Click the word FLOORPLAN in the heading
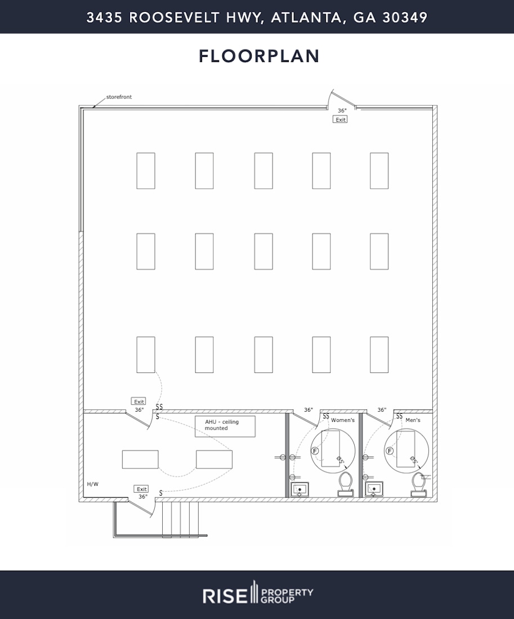[259, 56]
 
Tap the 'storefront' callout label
[119, 97]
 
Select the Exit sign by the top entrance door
[340, 120]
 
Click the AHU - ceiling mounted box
[225, 426]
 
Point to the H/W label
[92, 484]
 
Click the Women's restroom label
[342, 420]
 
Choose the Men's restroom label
[413, 420]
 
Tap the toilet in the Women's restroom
[345, 484]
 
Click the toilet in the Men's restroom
[418, 484]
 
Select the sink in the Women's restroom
[300, 489]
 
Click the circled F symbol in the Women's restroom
[315, 451]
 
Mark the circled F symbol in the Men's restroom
[389, 451]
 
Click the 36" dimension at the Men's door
[382, 410]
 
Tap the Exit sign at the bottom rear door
[141, 489]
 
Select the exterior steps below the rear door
[180, 519]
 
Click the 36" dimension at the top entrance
[342, 111]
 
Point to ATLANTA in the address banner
[308, 17]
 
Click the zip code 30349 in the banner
[405, 17]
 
